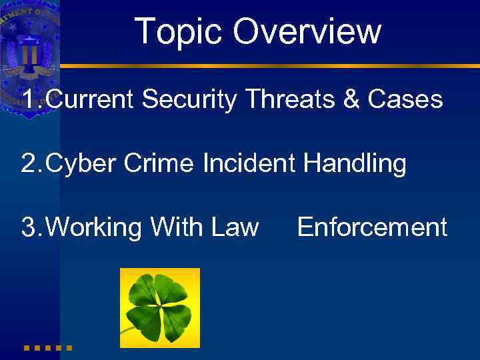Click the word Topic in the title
179,31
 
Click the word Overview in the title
307,31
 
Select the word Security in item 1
189,100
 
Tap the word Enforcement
372,227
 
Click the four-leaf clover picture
159,308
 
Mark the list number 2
29,164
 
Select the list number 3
29,228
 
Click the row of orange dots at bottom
47,347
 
